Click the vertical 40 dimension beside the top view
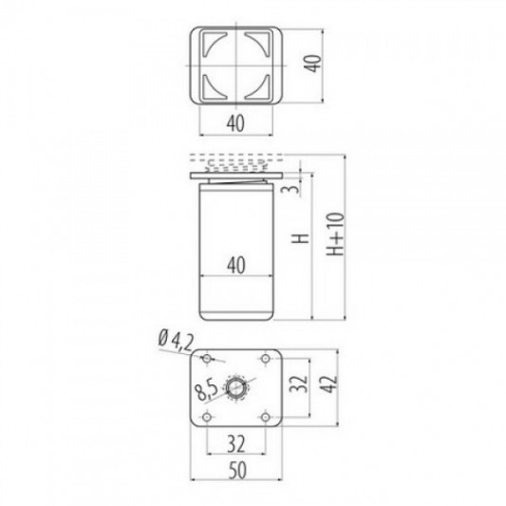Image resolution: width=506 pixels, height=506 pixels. coord(313,64)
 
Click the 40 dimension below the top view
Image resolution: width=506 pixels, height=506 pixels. coord(235,123)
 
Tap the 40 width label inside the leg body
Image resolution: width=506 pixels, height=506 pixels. coord(236,265)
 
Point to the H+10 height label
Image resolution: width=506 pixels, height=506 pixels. coord(335,234)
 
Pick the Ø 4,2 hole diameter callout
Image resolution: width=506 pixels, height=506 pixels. coord(177,341)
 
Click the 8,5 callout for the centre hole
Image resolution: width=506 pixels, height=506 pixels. coord(206,389)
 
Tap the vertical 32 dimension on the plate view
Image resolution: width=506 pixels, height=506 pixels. coord(298,384)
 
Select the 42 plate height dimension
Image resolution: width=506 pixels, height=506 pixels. coord(329,384)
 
